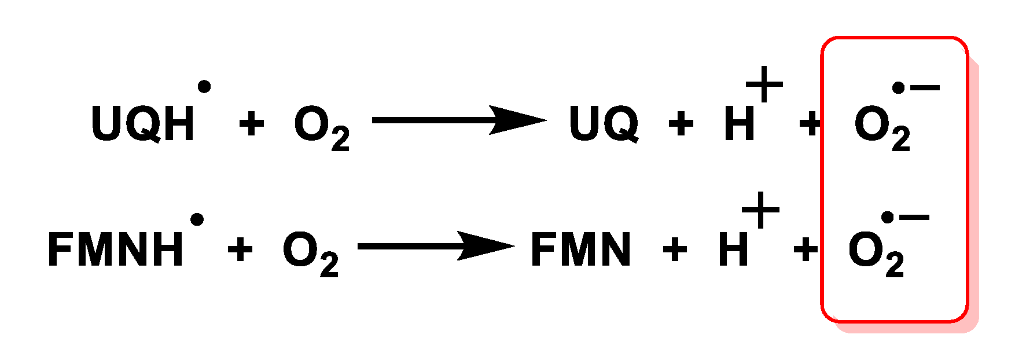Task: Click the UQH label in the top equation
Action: point(142,123)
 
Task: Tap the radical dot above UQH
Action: point(204,87)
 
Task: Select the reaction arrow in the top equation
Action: point(458,120)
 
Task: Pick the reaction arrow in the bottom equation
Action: point(435,246)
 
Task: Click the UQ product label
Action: point(604,123)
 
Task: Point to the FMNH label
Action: point(115,249)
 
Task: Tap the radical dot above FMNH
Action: point(197,219)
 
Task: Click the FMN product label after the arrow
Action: point(580,249)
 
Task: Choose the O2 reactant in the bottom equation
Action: point(310,254)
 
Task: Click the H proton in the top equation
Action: point(740,123)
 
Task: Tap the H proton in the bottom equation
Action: point(733,249)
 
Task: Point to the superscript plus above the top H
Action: point(764,84)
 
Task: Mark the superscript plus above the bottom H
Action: point(760,210)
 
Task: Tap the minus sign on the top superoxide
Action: point(925,88)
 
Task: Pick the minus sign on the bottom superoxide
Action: point(914,218)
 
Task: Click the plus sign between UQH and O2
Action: point(251,123)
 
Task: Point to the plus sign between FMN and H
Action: point(674,249)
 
